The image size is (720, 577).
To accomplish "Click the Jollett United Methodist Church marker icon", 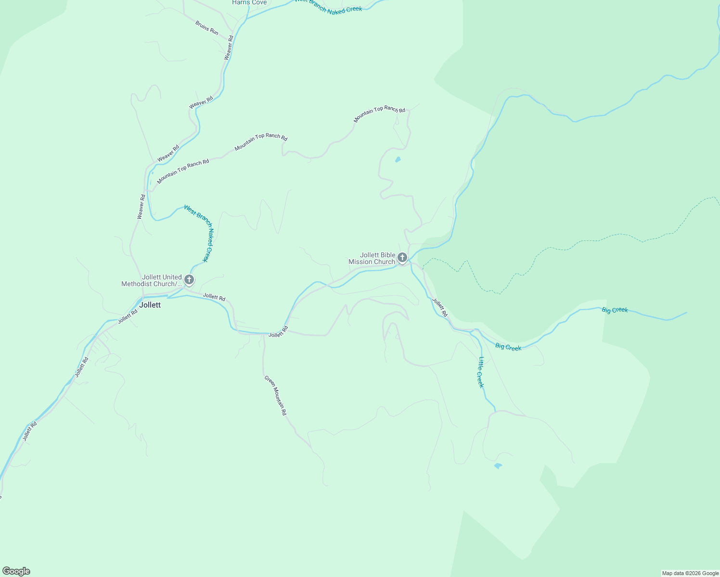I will click(x=189, y=279).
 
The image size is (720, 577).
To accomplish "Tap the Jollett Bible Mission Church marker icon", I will click(x=402, y=258).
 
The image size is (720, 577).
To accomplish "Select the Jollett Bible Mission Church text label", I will click(x=372, y=259).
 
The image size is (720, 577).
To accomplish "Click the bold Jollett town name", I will click(x=150, y=305).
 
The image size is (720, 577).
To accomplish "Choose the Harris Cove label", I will click(x=249, y=2).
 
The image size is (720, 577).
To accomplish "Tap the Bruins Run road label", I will click(x=207, y=28).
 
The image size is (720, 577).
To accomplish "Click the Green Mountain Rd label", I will click(x=275, y=395).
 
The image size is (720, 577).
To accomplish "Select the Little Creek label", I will click(x=481, y=372).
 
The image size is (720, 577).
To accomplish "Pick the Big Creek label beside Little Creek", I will click(x=508, y=347).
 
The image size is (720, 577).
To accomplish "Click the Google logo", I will click(x=16, y=571).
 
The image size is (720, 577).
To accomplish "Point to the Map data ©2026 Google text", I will click(x=690, y=573).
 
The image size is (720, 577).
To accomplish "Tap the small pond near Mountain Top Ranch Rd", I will click(x=398, y=160).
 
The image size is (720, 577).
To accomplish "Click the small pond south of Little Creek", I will click(x=498, y=465).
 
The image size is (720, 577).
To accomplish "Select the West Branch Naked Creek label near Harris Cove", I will click(x=328, y=6).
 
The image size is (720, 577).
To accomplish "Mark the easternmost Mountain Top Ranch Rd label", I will click(x=379, y=114).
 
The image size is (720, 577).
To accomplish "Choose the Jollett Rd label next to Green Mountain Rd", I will click(x=278, y=332).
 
